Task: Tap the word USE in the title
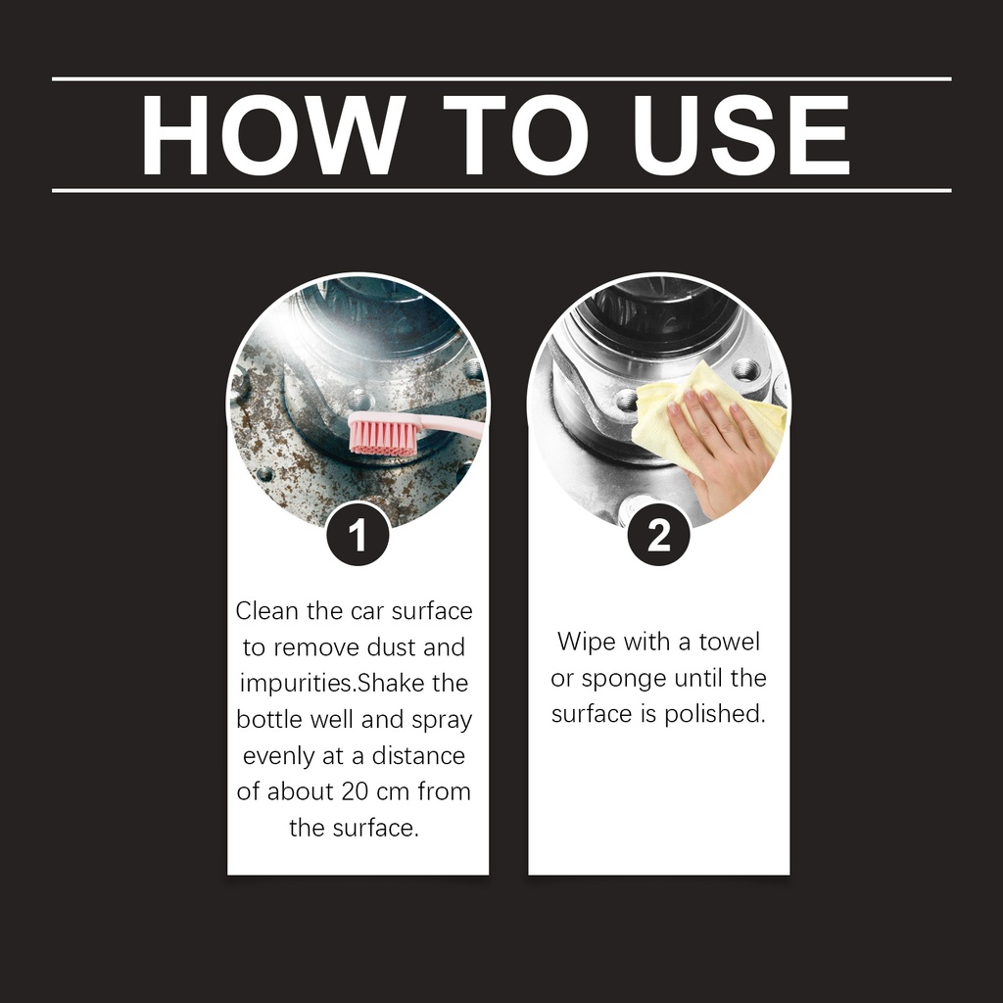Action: [x=740, y=135]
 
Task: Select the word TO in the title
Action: [x=515, y=135]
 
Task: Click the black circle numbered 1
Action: [x=358, y=535]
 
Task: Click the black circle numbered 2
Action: [x=659, y=535]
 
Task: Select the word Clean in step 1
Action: [x=267, y=611]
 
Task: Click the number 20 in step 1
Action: [x=355, y=791]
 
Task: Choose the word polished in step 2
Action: [x=714, y=714]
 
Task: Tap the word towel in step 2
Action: [x=729, y=641]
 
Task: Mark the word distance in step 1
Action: [x=418, y=755]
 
